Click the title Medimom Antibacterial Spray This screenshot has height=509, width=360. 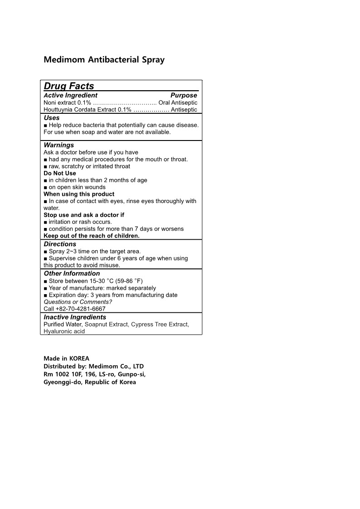pyautogui.click(x=104, y=60)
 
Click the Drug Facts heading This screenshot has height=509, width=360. pyautogui.click(x=69, y=86)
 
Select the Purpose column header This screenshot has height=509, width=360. pyautogui.click(x=184, y=96)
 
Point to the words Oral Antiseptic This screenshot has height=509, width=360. pyautogui.click(x=178, y=103)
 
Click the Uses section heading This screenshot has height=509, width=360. pyautogui.click(x=52, y=118)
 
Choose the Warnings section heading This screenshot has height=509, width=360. pyautogui.click(x=59, y=145)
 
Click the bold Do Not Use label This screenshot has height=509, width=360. pyautogui.click(x=60, y=173)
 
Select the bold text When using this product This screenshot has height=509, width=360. pyautogui.click(x=79, y=194)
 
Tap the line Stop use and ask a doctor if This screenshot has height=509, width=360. pyautogui.click(x=84, y=215)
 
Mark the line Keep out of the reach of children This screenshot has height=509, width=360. pyautogui.click(x=92, y=236)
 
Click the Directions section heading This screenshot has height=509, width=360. pyautogui.click(x=60, y=244)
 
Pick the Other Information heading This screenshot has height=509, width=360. pyautogui.click(x=72, y=274)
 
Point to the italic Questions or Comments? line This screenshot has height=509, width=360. pyautogui.click(x=78, y=302)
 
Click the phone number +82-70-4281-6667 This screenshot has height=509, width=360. pyautogui.click(x=80, y=309)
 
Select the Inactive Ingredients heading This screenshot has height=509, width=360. pyautogui.click(x=75, y=317)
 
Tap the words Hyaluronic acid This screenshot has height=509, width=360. pyautogui.click(x=64, y=331)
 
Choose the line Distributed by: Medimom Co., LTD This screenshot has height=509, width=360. pyautogui.click(x=93, y=366)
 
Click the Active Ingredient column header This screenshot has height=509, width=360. pyautogui.click(x=70, y=96)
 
